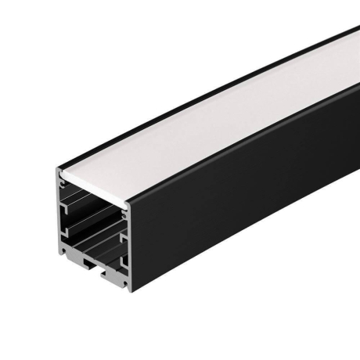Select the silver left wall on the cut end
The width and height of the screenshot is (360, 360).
(60, 219)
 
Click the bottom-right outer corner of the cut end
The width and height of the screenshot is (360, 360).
(130, 290)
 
